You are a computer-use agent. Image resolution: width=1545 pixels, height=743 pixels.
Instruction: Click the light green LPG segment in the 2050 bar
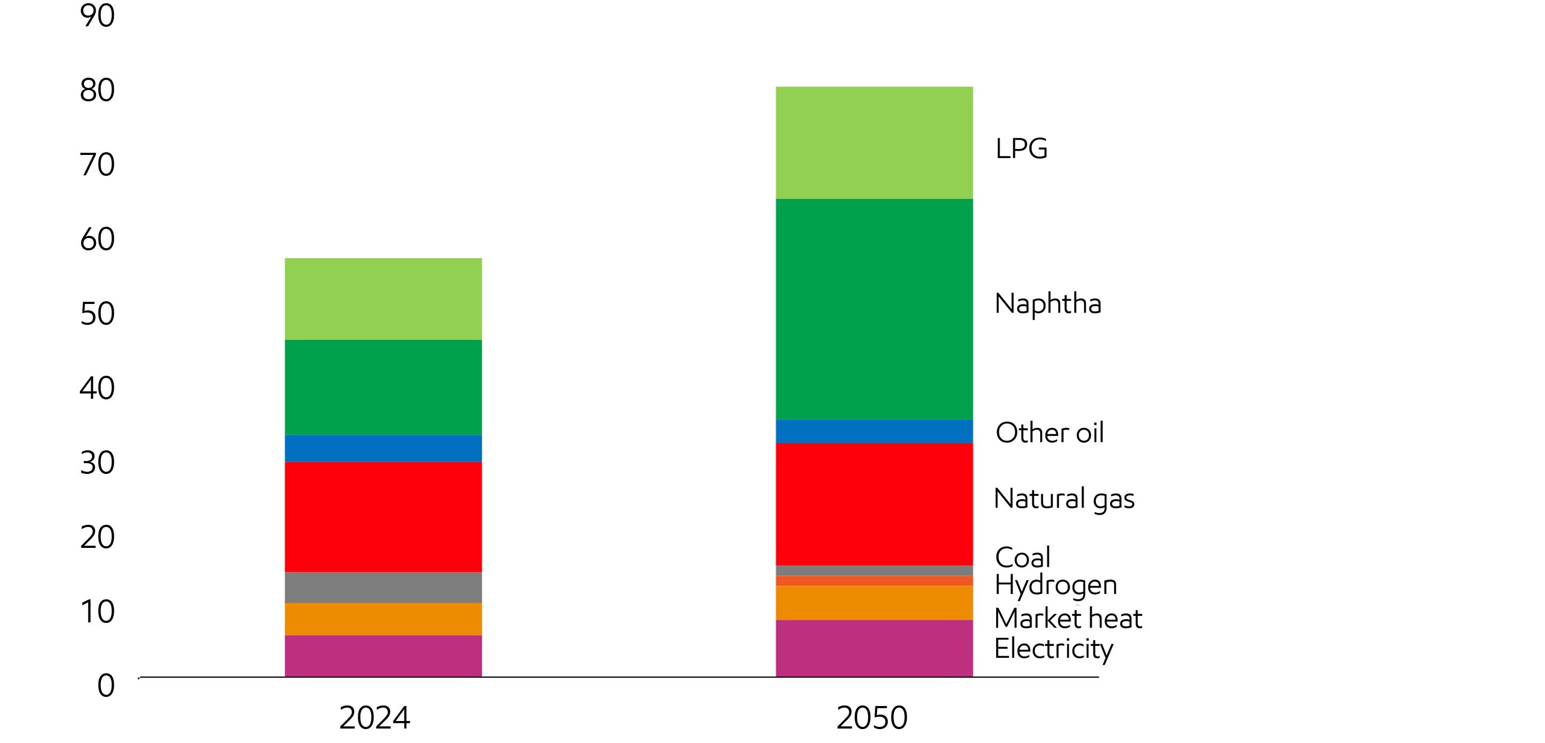coord(874,143)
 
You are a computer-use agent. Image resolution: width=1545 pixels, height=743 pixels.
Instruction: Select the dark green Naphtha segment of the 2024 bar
coord(382,387)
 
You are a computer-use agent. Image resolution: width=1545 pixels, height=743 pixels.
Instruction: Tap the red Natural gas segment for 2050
coord(874,504)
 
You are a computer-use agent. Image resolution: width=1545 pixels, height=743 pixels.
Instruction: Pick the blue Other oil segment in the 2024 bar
coord(382,448)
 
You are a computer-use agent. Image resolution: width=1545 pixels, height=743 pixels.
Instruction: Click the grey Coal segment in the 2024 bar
coord(382,587)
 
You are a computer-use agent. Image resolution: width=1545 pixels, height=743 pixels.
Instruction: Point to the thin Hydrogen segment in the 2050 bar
coord(874,581)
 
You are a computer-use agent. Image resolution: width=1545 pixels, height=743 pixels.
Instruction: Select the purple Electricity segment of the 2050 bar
coord(874,648)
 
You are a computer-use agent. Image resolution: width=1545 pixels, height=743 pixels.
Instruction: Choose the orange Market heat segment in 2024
coord(382,619)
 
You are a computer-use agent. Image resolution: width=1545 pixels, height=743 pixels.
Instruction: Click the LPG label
coord(1021,148)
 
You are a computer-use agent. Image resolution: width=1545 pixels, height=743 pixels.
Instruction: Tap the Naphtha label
coord(1047,303)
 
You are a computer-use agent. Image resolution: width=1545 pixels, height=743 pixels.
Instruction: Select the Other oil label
coord(1049,433)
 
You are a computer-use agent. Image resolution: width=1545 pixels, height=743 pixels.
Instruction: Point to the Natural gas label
coord(1063,499)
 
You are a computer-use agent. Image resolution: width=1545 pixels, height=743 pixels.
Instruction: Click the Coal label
coord(1022,558)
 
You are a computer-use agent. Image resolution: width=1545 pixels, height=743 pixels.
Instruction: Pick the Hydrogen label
coord(1055,585)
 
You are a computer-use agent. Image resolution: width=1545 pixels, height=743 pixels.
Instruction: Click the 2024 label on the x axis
coord(374,717)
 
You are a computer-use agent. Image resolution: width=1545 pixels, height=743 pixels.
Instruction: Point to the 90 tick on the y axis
coord(97,16)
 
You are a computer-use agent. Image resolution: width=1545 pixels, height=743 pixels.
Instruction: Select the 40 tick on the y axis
coord(97,388)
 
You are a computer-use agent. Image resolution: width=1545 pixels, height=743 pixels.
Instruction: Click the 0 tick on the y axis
coord(106,686)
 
